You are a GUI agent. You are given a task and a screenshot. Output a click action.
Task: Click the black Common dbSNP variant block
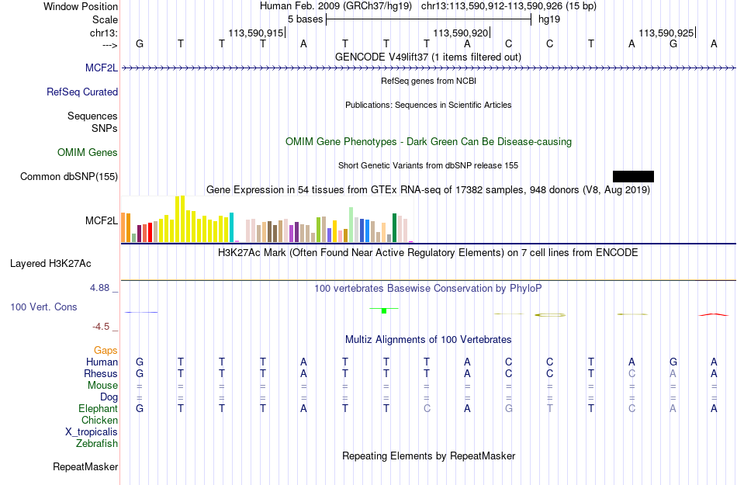(633, 176)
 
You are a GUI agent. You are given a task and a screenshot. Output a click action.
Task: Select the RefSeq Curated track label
(82, 92)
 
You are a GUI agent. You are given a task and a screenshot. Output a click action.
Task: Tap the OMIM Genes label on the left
(88, 153)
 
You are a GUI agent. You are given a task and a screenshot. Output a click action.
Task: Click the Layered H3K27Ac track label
(50, 264)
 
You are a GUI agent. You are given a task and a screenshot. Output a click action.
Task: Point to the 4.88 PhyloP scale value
(99, 288)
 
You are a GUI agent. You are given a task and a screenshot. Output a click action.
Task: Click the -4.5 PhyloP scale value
(101, 326)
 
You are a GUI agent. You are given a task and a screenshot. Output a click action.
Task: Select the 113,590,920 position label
(461, 33)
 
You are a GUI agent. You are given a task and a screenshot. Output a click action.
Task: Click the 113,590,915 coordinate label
(256, 33)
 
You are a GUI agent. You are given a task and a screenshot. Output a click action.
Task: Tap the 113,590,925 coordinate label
(666, 33)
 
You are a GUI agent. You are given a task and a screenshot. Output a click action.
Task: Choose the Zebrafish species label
(97, 444)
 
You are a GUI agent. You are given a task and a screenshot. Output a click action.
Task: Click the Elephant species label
(99, 409)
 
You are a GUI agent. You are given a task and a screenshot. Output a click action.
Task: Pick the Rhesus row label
(101, 373)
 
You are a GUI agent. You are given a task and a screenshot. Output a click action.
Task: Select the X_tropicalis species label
(92, 432)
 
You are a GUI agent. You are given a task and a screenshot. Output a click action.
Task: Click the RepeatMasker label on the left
(85, 466)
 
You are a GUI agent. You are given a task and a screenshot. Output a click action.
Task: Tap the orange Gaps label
(106, 351)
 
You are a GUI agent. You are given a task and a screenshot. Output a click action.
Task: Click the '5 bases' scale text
(306, 19)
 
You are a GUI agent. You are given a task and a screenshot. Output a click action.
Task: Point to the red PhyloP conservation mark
(714, 314)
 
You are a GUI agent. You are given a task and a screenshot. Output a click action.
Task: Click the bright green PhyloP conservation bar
(384, 310)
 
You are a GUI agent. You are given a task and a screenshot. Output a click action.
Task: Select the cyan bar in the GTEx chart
(232, 227)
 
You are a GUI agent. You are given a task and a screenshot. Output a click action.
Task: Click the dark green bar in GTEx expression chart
(394, 228)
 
